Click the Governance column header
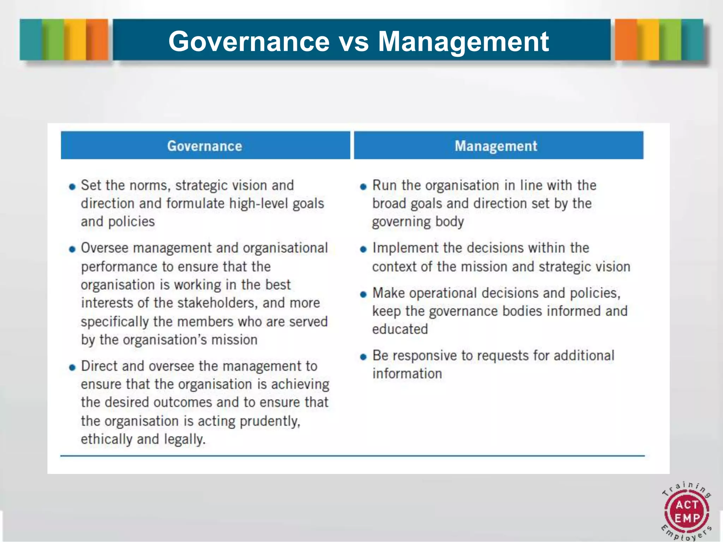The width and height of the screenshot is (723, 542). tap(205, 146)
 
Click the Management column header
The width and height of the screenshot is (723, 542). tap(496, 146)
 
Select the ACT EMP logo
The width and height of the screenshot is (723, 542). tap(687, 512)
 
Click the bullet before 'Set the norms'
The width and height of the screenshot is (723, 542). tap(72, 187)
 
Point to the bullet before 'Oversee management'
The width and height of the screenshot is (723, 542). tap(72, 249)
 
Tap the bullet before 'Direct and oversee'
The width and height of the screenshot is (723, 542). tap(72, 368)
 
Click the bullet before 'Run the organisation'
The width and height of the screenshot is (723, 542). tap(363, 187)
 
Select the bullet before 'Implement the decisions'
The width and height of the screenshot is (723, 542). tap(363, 249)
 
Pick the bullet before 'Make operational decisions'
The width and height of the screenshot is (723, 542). tap(363, 294)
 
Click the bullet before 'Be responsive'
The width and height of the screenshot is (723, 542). tap(363, 357)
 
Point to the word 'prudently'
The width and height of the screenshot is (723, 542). tap(270, 421)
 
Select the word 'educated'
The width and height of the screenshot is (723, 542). tap(400, 329)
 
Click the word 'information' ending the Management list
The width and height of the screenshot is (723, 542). tap(407, 374)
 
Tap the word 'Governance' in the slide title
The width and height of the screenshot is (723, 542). tap(249, 42)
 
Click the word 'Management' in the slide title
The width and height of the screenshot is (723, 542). tap(463, 42)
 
